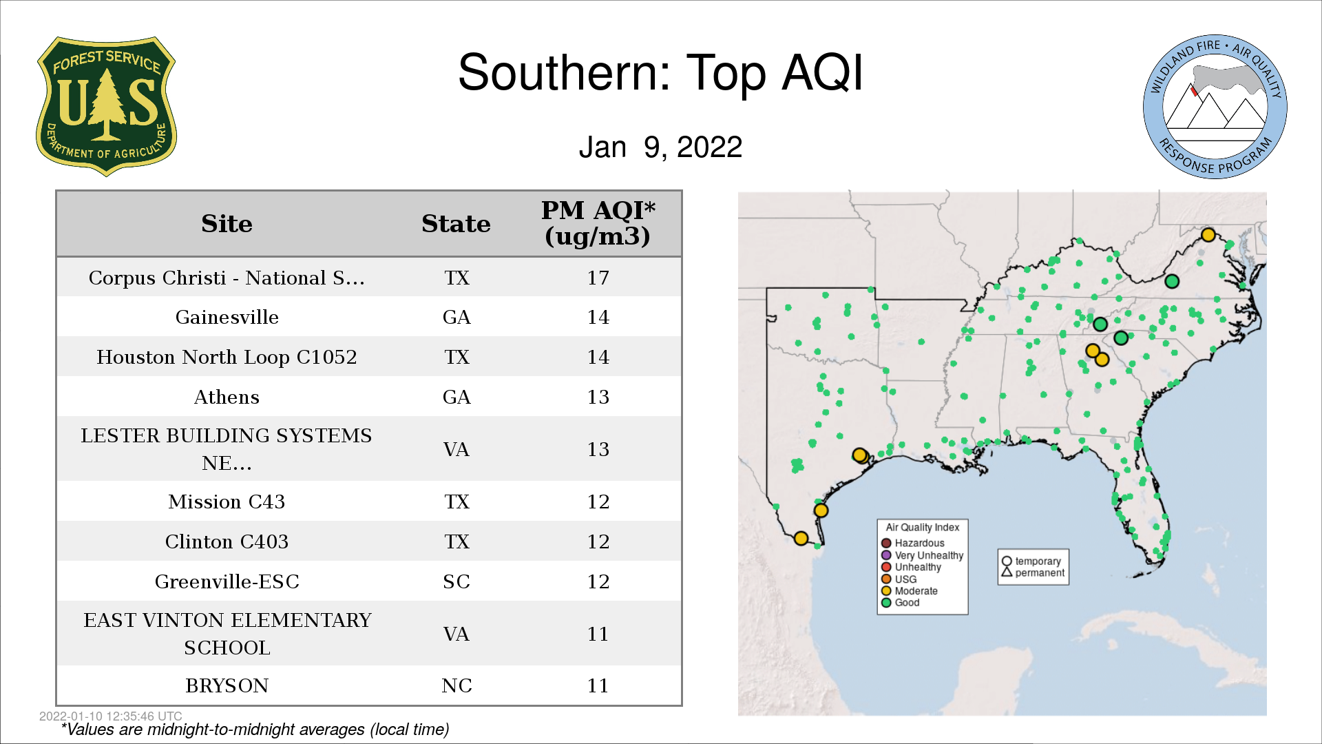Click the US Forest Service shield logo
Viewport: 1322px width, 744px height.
(106, 107)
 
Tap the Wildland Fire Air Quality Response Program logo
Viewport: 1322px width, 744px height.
(1215, 107)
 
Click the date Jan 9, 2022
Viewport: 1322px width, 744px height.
(660, 147)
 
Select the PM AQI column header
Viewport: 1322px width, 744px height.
(598, 223)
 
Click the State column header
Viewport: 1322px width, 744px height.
(456, 224)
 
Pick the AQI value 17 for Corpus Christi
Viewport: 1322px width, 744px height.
(598, 278)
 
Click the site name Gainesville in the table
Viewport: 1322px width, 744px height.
(227, 317)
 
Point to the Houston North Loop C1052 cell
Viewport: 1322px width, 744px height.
(227, 357)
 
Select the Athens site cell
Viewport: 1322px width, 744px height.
(227, 397)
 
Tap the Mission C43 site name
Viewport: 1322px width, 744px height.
(227, 502)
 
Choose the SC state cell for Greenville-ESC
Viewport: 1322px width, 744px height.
(457, 581)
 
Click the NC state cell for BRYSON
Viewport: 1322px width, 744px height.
(457, 685)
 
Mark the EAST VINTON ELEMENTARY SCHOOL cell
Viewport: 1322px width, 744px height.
(227, 634)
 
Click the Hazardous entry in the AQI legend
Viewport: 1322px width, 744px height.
(913, 543)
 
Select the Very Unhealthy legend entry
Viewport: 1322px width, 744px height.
(923, 555)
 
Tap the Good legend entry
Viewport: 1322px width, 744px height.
(901, 603)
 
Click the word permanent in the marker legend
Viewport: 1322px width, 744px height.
(1040, 572)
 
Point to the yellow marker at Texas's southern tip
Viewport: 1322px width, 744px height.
(801, 538)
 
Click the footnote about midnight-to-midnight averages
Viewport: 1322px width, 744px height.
(255, 730)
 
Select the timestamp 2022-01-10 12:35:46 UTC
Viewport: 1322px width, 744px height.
(111, 716)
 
